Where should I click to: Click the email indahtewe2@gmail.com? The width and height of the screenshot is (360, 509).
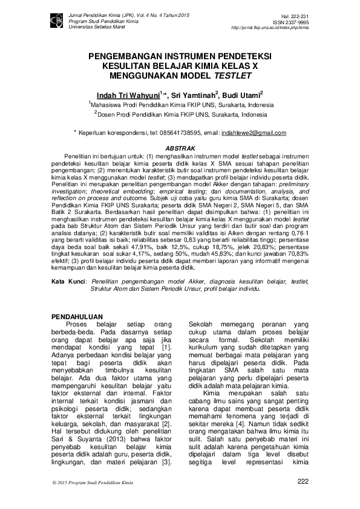(x=254, y=132)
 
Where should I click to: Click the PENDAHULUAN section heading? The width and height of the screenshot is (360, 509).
(x=77, y=317)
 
